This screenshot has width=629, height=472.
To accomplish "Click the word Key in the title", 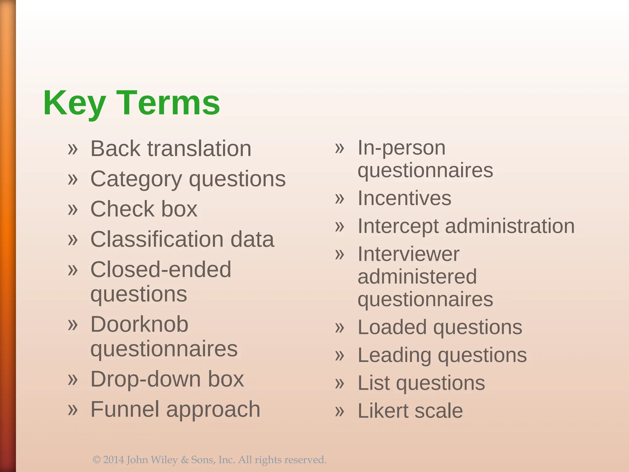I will (x=75, y=103).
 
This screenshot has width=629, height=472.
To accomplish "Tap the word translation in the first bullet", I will (x=199, y=149).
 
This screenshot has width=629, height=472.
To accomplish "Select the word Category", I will (x=136, y=179).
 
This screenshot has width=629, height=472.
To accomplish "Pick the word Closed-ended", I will (x=161, y=269).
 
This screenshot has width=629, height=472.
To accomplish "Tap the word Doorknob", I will (x=139, y=324).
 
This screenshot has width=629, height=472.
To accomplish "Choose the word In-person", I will (x=401, y=148).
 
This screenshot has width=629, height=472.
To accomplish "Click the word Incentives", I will (x=404, y=198).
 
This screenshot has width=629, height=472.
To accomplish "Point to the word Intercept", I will (x=398, y=226).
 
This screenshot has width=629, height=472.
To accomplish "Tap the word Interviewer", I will (x=408, y=254).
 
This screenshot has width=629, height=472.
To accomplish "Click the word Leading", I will (x=394, y=356).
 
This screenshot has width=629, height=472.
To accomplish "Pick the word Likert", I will (x=383, y=411).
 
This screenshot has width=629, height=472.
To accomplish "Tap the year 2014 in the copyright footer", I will (x=114, y=460).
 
